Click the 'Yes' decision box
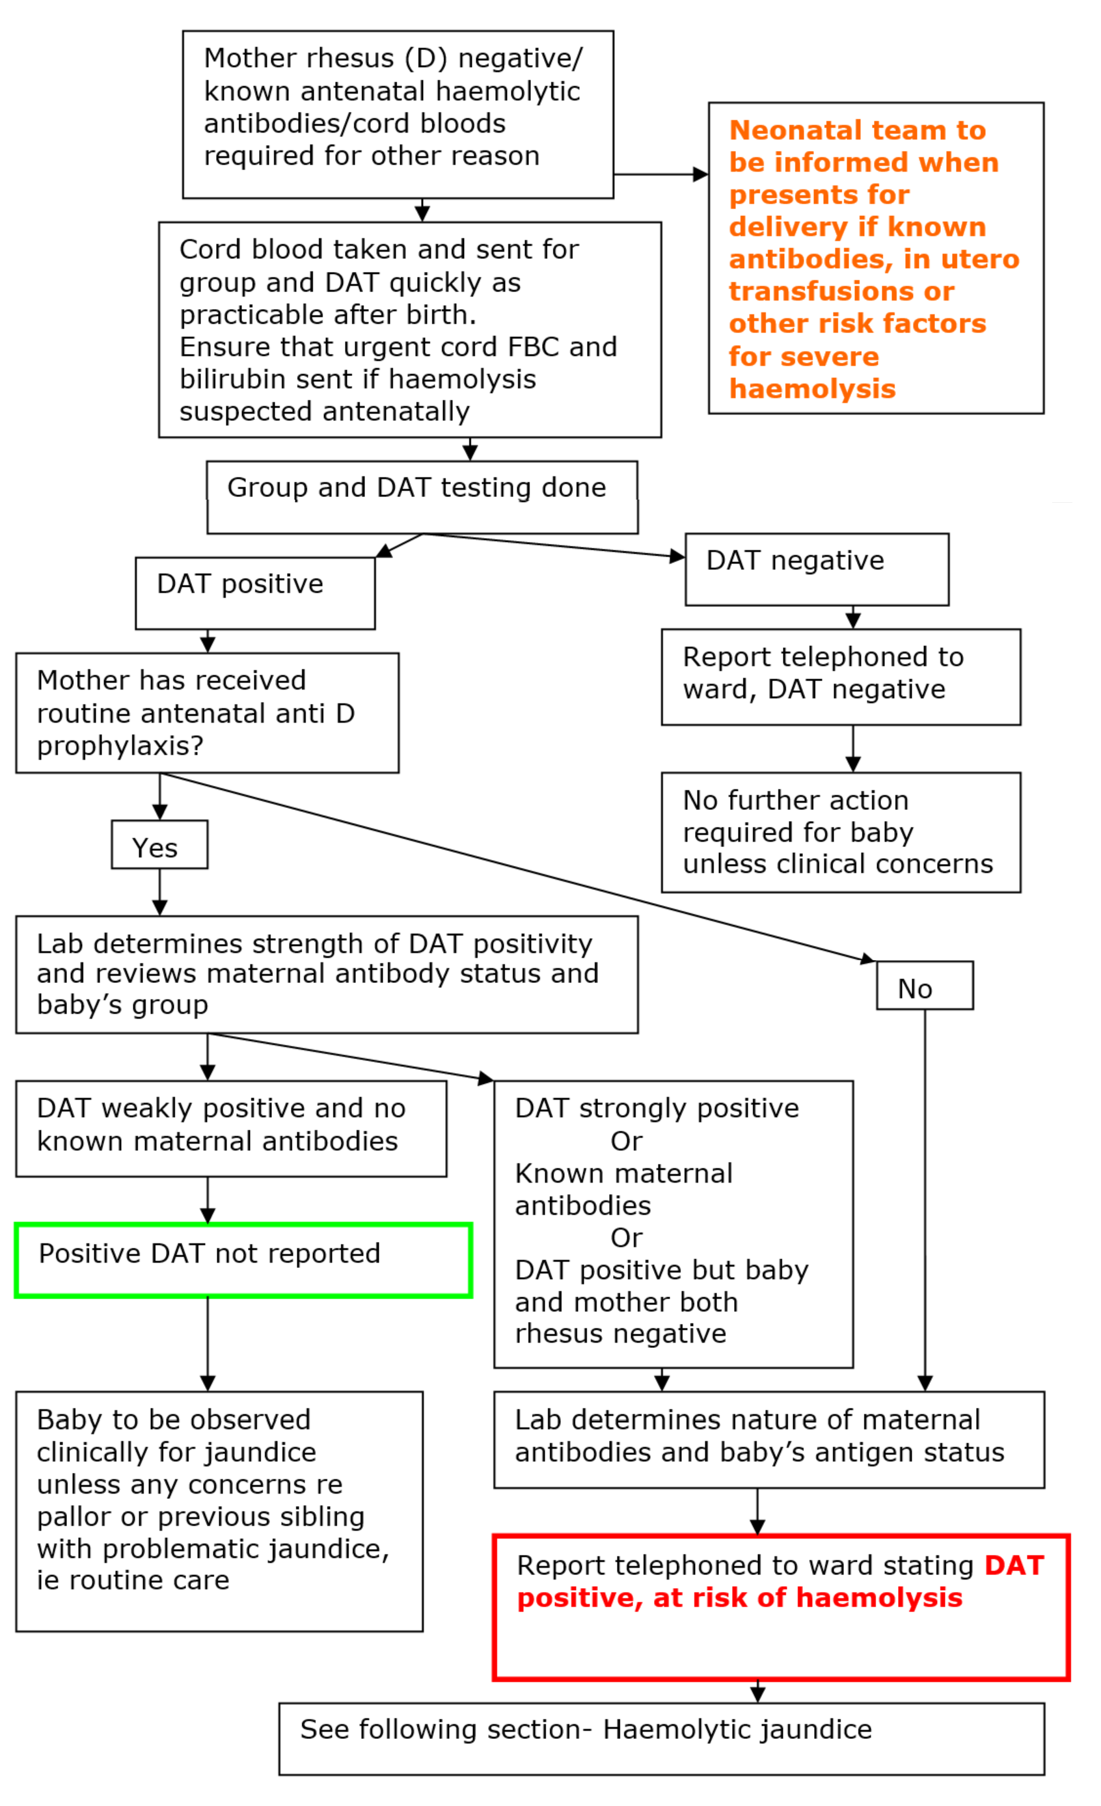pyautogui.click(x=159, y=844)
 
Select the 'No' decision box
pyautogui.click(x=925, y=985)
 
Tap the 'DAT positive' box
pyautogui.click(x=254, y=593)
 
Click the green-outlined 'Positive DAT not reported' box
pyautogui.click(x=243, y=1260)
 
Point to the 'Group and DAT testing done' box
pyautogui.click(x=422, y=497)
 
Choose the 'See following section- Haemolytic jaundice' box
pyautogui.click(x=661, y=1738)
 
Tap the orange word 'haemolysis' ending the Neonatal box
pyautogui.click(x=812, y=388)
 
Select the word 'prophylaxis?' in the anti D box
pyautogui.click(x=120, y=746)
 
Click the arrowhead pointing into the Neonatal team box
pyautogui.click(x=700, y=174)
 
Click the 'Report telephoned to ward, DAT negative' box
pyautogui.click(x=840, y=677)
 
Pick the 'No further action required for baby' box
pyautogui.click(x=840, y=832)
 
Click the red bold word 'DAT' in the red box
pyautogui.click(x=1013, y=1565)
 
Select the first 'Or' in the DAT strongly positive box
pyautogui.click(x=626, y=1141)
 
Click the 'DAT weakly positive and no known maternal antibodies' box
pyautogui.click(x=231, y=1128)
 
